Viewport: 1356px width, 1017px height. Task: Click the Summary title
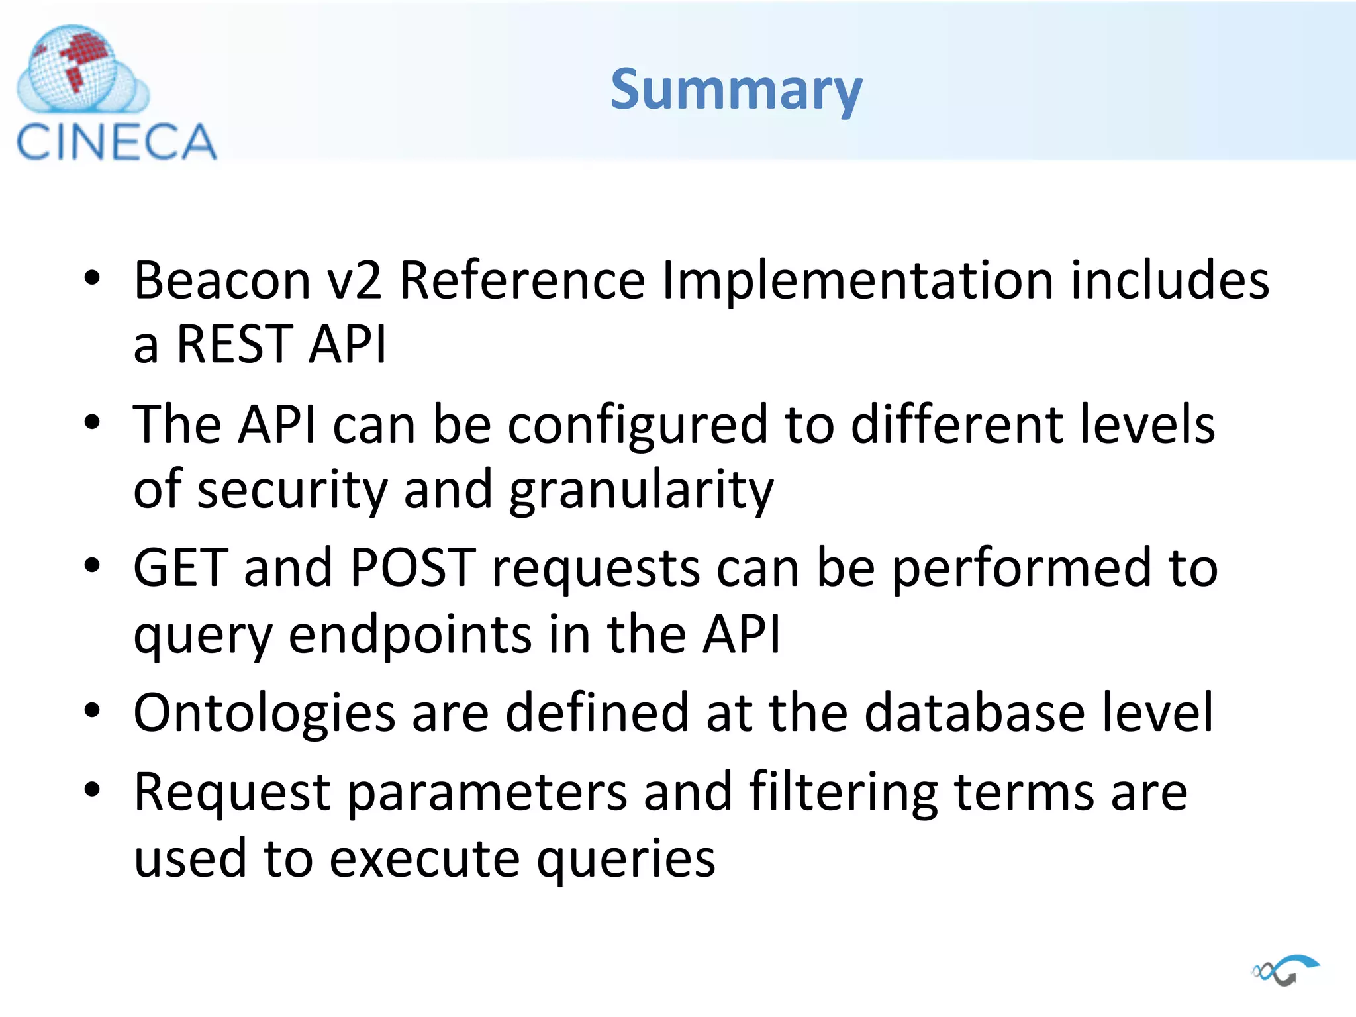[736, 90]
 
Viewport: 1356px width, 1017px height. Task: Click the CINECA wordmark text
[117, 142]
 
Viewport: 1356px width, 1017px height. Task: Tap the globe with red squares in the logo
[73, 66]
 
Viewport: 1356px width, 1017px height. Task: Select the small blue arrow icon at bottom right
[1286, 971]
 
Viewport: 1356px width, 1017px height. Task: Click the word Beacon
[222, 281]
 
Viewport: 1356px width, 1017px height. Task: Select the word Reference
[522, 281]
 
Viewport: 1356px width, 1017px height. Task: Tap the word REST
[234, 344]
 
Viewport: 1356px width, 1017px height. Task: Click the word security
[293, 490]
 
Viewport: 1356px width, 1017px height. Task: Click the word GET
[180, 568]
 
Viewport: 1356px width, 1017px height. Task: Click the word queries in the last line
[626, 859]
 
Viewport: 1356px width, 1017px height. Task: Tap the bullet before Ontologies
[92, 711]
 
